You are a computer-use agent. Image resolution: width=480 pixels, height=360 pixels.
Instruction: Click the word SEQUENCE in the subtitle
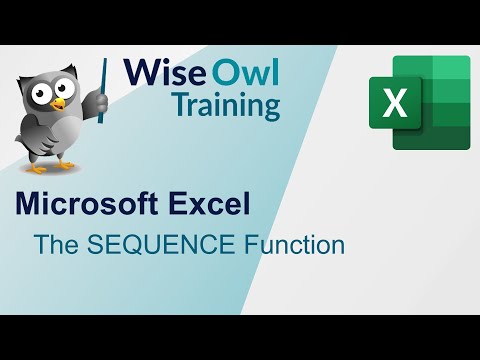point(151,243)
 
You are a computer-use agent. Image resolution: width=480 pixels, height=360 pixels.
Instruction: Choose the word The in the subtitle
point(52,243)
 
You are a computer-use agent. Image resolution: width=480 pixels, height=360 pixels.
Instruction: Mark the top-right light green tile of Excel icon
point(449,69)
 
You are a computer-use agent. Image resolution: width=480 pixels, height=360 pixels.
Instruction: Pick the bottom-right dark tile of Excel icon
point(449,138)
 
